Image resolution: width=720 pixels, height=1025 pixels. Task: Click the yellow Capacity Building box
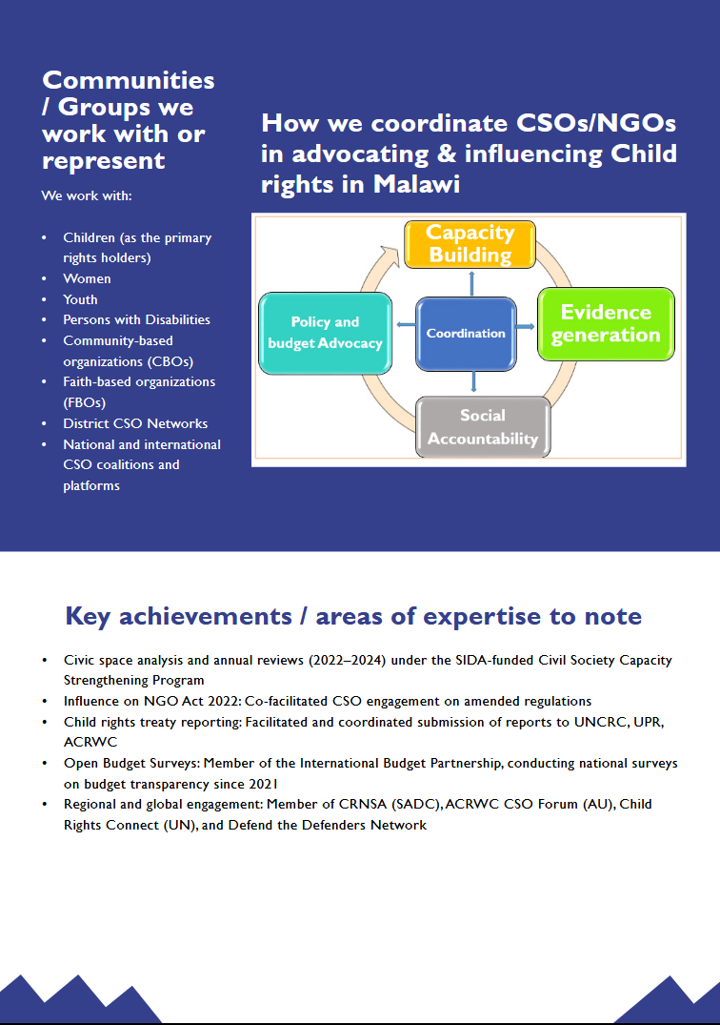tap(470, 244)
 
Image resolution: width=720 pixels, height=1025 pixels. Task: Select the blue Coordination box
tap(466, 334)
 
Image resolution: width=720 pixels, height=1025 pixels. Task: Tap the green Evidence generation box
tap(606, 324)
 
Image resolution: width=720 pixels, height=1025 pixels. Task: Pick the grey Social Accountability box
tap(483, 427)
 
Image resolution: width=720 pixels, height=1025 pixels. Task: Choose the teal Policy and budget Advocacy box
tap(325, 333)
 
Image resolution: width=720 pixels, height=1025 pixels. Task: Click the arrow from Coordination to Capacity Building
tap(471, 283)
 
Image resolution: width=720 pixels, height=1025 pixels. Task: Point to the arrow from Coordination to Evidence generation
tap(526, 326)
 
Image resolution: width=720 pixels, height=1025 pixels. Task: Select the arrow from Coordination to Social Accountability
tap(474, 381)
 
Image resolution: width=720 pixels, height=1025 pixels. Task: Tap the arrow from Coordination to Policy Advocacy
tap(406, 324)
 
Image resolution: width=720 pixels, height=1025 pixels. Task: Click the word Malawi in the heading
tap(416, 184)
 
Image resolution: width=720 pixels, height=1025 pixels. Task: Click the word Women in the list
tap(87, 278)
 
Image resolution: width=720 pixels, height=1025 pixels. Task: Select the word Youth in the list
tap(80, 299)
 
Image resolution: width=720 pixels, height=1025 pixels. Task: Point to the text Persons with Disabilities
tap(136, 319)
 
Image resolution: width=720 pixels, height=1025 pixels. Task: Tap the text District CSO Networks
tap(135, 423)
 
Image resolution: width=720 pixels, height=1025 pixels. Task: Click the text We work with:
tap(87, 195)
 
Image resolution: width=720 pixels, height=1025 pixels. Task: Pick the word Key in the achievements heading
tap(88, 617)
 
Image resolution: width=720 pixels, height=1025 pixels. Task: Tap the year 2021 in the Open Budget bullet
tap(263, 784)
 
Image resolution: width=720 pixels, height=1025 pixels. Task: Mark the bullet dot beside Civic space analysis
tap(45, 661)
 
